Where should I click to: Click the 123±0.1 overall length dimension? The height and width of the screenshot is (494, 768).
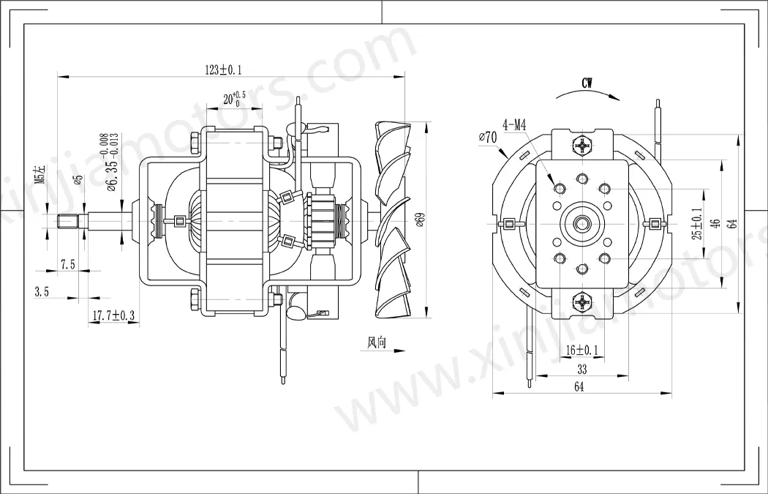click(224, 70)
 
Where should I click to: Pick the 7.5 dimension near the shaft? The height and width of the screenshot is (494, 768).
click(68, 265)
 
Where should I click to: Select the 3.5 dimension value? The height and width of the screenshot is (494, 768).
click(42, 291)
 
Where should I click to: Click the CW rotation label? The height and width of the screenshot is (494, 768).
click(587, 83)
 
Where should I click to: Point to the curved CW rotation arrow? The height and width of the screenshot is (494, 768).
click(585, 94)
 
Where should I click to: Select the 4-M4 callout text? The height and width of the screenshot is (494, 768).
click(514, 125)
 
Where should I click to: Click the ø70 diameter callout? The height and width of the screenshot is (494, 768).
click(487, 137)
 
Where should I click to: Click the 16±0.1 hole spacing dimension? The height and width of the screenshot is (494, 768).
click(582, 351)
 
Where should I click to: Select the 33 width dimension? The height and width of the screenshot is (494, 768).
click(582, 370)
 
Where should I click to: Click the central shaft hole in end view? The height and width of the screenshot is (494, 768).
click(582, 221)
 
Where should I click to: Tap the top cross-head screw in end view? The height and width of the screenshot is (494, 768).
click(582, 146)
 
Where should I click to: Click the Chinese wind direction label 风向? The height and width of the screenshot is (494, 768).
click(376, 343)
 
